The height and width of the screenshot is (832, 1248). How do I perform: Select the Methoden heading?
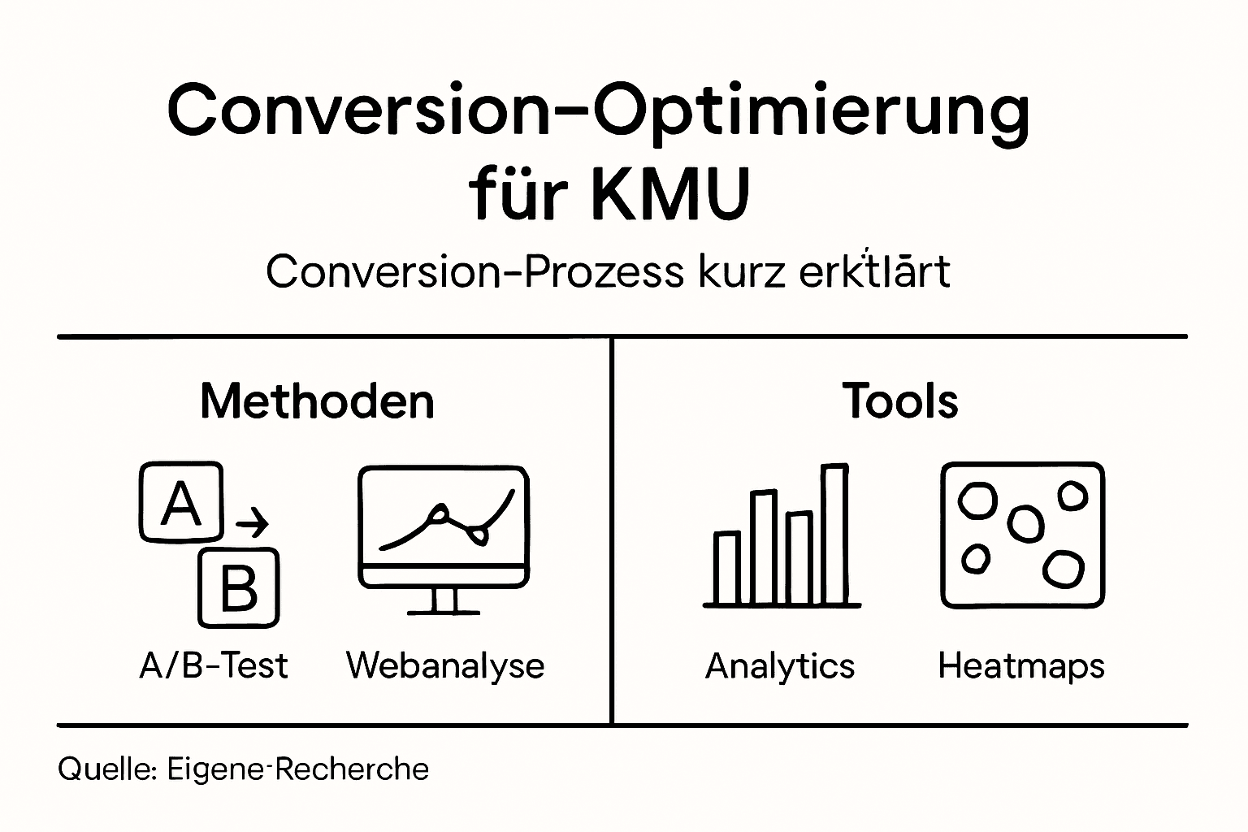[317, 401]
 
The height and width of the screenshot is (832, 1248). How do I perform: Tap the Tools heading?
[900, 401]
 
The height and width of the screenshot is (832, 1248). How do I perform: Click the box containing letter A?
[181, 501]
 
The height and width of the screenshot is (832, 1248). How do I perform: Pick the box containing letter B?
[239, 587]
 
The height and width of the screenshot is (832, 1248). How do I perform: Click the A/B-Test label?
[214, 665]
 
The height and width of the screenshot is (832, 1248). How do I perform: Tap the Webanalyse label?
[445, 665]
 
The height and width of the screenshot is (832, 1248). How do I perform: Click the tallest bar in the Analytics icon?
[834, 534]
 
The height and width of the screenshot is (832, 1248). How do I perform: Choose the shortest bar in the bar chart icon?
[727, 568]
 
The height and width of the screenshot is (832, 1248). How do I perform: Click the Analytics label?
[780, 666]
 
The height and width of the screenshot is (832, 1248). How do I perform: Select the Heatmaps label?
[1021, 666]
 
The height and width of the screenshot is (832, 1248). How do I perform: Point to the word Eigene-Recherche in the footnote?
[298, 769]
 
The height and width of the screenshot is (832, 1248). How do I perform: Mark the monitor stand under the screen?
[444, 601]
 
